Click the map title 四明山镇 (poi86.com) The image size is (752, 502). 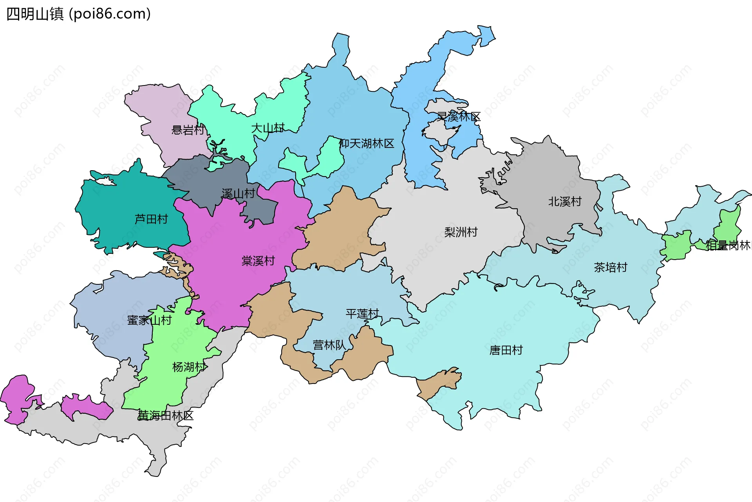pos(78,14)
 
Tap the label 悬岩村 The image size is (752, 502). pos(188,130)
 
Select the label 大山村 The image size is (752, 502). pos(268,128)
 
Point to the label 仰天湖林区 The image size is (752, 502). pos(367,144)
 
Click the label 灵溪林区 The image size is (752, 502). pos(459,116)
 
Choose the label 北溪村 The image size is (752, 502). pos(564,202)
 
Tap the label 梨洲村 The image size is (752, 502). pos(461,232)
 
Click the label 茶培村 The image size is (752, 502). pos(610,267)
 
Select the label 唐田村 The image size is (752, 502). pos(506,350)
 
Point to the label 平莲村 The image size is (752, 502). pos(362,314)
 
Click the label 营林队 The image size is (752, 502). pos(329,345)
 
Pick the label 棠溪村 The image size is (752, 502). pos(258,261)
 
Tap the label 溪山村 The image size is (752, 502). pos(238,194)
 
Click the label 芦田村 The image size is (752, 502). pos(151,219)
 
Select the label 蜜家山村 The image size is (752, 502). pos(149,320)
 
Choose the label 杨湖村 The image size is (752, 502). pos(189,367)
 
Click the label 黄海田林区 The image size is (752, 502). pos(166,416)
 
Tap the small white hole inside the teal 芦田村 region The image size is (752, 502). pos(105,182)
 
